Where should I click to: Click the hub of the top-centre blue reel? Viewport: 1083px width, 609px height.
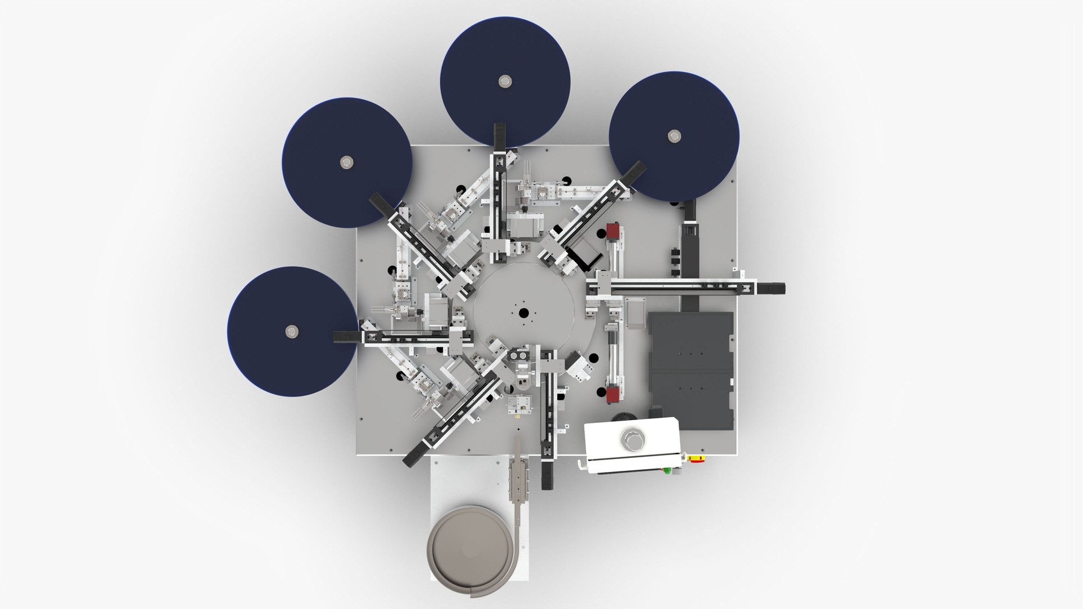pos(504,81)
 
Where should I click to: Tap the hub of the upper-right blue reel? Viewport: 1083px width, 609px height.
pos(674,136)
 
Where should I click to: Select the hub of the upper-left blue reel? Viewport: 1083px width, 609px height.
pos(346,163)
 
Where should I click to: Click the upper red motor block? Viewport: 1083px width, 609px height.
pos(613,232)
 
